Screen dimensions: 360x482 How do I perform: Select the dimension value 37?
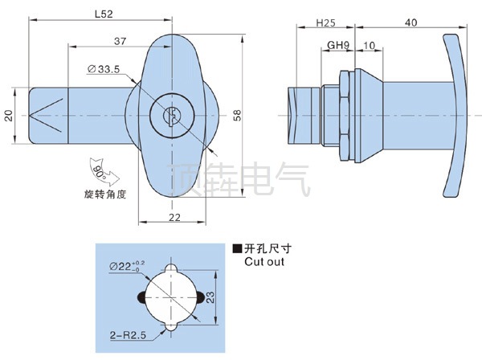(118, 40)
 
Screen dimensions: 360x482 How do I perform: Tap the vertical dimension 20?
(9, 116)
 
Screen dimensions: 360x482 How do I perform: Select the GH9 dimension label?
(337, 46)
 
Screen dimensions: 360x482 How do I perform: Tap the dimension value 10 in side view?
(367, 46)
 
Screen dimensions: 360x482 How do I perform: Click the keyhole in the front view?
(170, 117)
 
